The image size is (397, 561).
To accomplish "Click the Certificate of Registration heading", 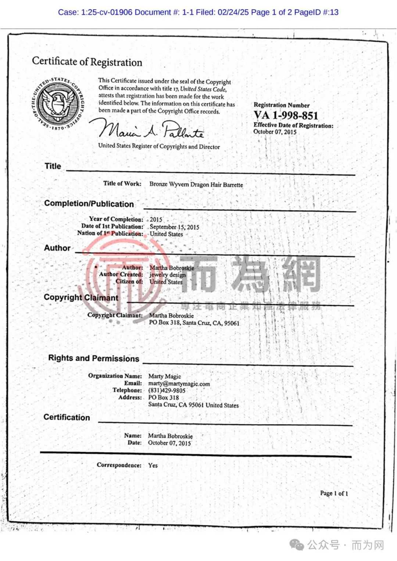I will [87, 61].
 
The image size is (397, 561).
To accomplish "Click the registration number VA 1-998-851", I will [286, 115].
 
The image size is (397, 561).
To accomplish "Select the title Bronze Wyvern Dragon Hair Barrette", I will [196, 184].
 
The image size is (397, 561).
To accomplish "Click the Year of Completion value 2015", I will [156, 220].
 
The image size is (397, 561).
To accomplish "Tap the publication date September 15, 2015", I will [174, 227].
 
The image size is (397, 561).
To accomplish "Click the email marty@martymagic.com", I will [179, 384].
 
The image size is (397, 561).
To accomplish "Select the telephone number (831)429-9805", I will [167, 391].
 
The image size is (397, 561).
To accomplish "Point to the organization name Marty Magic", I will [165, 376].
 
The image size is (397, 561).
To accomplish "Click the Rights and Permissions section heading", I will [94, 358].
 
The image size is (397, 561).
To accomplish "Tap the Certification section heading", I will [67, 417].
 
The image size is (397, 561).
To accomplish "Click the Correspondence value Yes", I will [153, 465].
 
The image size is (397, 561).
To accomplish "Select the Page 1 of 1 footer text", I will [334, 493].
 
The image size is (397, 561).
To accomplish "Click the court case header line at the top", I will [198, 12].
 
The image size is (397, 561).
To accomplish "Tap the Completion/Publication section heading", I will [89, 204].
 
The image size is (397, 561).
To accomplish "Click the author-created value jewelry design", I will [167, 275].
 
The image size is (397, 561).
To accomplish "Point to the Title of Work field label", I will [122, 183].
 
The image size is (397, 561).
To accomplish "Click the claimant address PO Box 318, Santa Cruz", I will [194, 323].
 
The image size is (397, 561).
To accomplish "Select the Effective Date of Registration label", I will [293, 125].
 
